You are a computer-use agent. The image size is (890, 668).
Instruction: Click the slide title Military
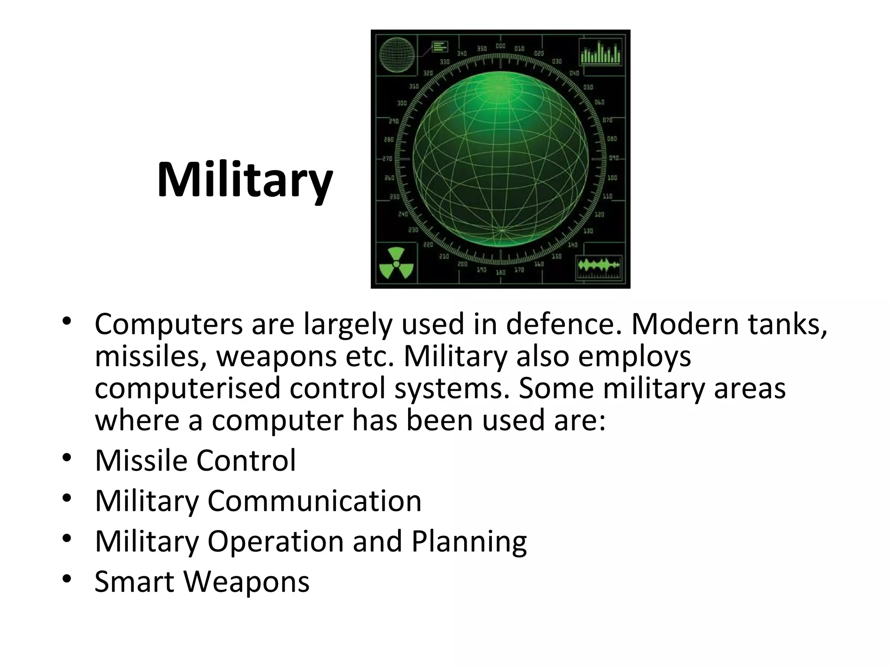pos(245,180)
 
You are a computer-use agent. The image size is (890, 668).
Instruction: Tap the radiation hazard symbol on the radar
pos(396,264)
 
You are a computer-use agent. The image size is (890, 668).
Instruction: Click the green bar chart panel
pos(601,53)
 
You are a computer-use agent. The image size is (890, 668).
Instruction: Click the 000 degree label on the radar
pos(500,46)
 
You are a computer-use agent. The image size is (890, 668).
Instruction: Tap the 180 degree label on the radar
pos(501,272)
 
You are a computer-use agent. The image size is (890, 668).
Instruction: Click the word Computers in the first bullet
pos(169,324)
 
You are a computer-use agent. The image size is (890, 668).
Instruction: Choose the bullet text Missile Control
pos(195,460)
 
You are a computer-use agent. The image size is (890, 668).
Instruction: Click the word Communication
pos(314,501)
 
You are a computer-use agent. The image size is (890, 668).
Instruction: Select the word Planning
pos(469,542)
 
